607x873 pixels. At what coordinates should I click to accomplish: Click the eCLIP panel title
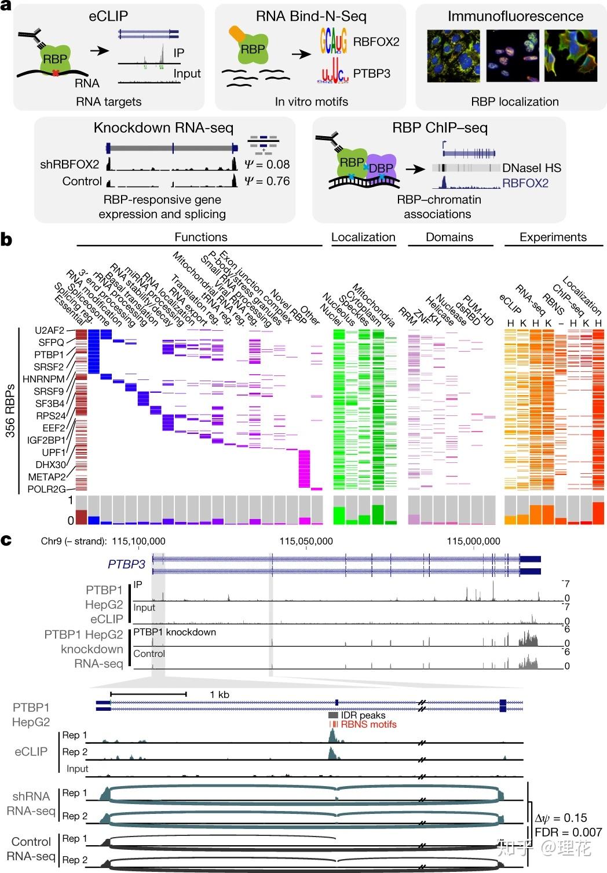pos(108,16)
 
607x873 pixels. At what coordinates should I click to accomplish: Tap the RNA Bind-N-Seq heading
pos(311,16)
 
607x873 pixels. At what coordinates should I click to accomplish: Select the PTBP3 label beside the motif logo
pos(372,74)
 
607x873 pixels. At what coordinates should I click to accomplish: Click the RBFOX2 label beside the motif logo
pos(376,42)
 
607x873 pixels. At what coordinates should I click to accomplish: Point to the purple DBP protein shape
pos(381,167)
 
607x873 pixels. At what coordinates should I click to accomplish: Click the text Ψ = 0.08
pos(267,164)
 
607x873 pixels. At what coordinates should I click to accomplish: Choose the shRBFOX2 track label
pos(70,165)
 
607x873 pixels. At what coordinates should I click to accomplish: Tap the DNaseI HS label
pos(532,168)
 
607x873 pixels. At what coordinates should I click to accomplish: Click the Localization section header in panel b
pos(363,237)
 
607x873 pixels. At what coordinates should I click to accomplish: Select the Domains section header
pos(449,237)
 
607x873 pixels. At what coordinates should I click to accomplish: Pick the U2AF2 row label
pos(49,330)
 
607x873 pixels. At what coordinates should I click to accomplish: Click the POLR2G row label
pos(47,489)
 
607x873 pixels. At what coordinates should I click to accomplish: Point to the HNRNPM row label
pos(43,379)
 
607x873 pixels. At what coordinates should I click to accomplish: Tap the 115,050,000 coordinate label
pos(306,541)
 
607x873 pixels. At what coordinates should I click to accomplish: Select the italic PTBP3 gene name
pos(126,564)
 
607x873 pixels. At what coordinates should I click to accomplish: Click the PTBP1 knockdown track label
pos(174,632)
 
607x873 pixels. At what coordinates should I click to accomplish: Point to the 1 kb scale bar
pos(148,693)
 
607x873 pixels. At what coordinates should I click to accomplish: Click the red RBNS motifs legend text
pos(368,724)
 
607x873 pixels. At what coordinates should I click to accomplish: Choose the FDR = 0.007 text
pos(568,832)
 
